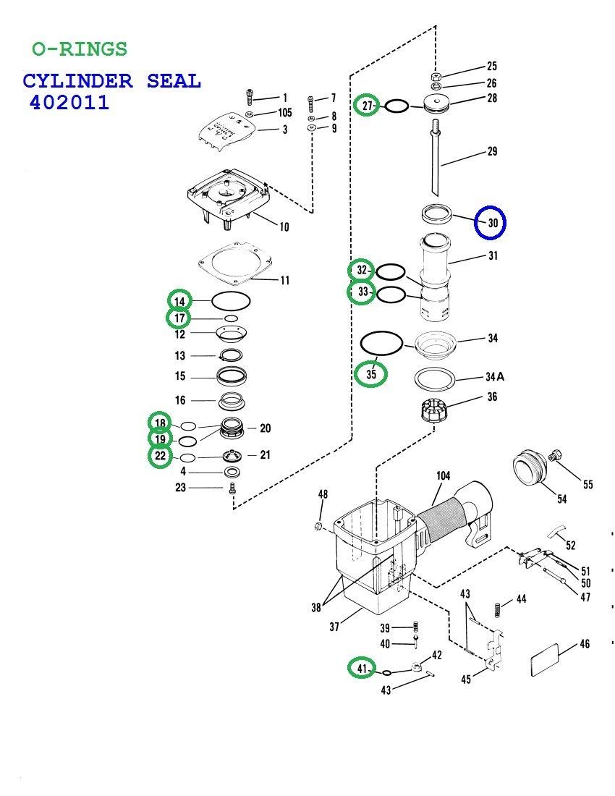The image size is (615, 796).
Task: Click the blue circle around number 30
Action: (491, 222)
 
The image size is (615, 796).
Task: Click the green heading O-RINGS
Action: (80, 49)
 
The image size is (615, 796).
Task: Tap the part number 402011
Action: (69, 102)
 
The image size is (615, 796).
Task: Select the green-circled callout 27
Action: (368, 106)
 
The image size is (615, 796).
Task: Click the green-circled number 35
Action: (371, 373)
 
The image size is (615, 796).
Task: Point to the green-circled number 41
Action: (362, 668)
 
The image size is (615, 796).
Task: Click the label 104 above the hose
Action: (443, 475)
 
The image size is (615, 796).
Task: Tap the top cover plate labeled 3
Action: (227, 131)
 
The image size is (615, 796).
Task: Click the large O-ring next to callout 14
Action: (230, 300)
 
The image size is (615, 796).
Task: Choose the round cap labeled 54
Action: (529, 470)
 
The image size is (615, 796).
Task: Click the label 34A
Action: (495, 377)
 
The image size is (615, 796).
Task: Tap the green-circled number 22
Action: (160, 456)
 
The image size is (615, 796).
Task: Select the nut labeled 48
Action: (319, 525)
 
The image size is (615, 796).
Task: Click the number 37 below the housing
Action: (334, 627)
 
